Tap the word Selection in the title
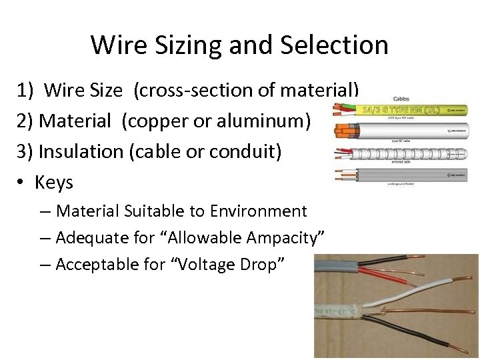(335, 45)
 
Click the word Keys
(53, 182)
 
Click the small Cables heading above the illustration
(402, 99)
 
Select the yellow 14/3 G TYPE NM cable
(413, 109)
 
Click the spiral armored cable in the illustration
(413, 154)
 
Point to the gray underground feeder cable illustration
(413, 175)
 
